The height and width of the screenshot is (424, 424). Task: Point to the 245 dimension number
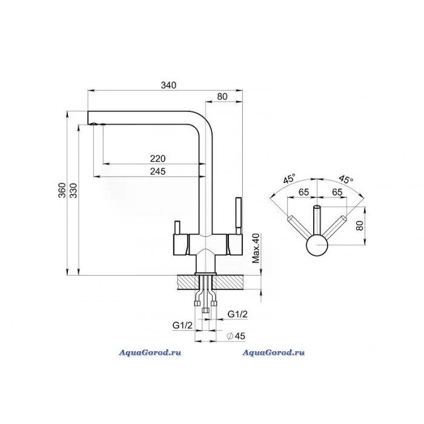click(x=157, y=171)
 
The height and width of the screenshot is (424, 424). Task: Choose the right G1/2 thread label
click(x=237, y=313)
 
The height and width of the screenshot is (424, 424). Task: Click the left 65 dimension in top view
click(x=303, y=192)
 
